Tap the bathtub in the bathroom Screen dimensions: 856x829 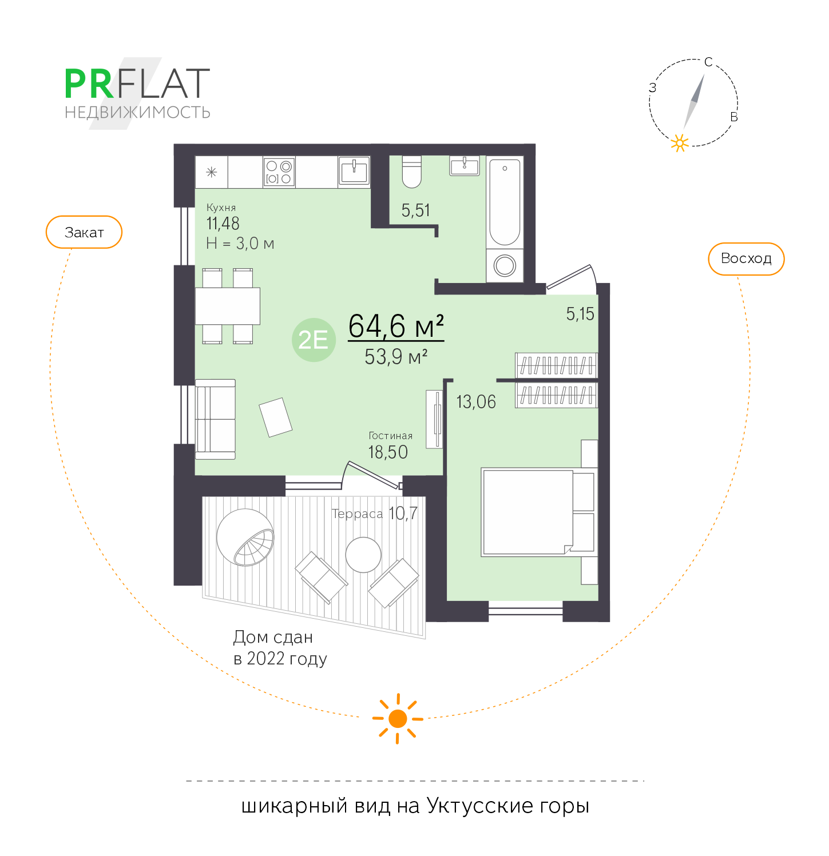tap(505, 201)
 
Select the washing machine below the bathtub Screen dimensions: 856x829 tap(505, 265)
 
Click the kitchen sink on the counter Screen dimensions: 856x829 tap(354, 171)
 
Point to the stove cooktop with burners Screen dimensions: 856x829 tap(279, 172)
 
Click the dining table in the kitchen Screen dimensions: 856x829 tap(228, 306)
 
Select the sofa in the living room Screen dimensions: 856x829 tap(215, 419)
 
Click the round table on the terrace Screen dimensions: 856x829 tap(363, 555)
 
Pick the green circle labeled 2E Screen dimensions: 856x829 tap(314, 340)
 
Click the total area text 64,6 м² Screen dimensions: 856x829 tap(396, 326)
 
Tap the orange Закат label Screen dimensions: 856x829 tap(84, 232)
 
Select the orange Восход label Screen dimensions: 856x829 tap(746, 258)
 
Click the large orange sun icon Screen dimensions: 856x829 tap(398, 719)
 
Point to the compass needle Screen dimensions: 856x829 tap(694, 102)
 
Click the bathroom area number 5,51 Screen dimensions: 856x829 tap(415, 210)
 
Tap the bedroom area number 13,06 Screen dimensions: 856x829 tap(476, 402)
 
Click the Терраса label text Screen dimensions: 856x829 tap(358, 514)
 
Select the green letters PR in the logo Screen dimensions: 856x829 tap(89, 84)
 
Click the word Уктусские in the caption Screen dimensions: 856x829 tap(479, 806)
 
